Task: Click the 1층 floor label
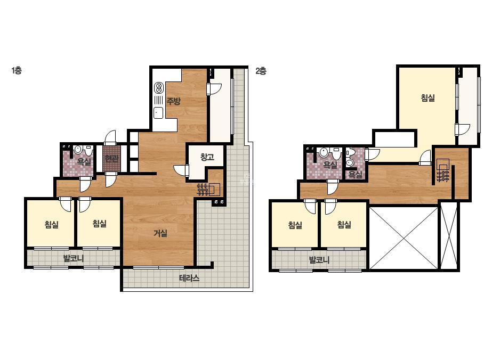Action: [x=17, y=70]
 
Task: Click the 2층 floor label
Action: [x=261, y=71]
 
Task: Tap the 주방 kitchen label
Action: [x=173, y=101]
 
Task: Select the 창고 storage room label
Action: [x=207, y=157]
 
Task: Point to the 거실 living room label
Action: [x=160, y=233]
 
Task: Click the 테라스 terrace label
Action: [x=189, y=278]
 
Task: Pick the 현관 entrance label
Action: [x=111, y=158]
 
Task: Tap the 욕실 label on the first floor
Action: [x=84, y=162]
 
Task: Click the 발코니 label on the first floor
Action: [x=74, y=259]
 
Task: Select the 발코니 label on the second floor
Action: [x=319, y=260]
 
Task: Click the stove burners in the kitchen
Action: [x=159, y=87]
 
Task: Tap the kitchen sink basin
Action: [x=158, y=113]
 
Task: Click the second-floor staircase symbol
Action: [x=443, y=170]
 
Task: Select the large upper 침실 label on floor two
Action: [x=428, y=98]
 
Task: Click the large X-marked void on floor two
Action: [x=404, y=238]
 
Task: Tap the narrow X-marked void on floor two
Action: [x=449, y=235]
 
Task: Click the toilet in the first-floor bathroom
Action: [x=89, y=150]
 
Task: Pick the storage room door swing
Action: [x=181, y=170]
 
